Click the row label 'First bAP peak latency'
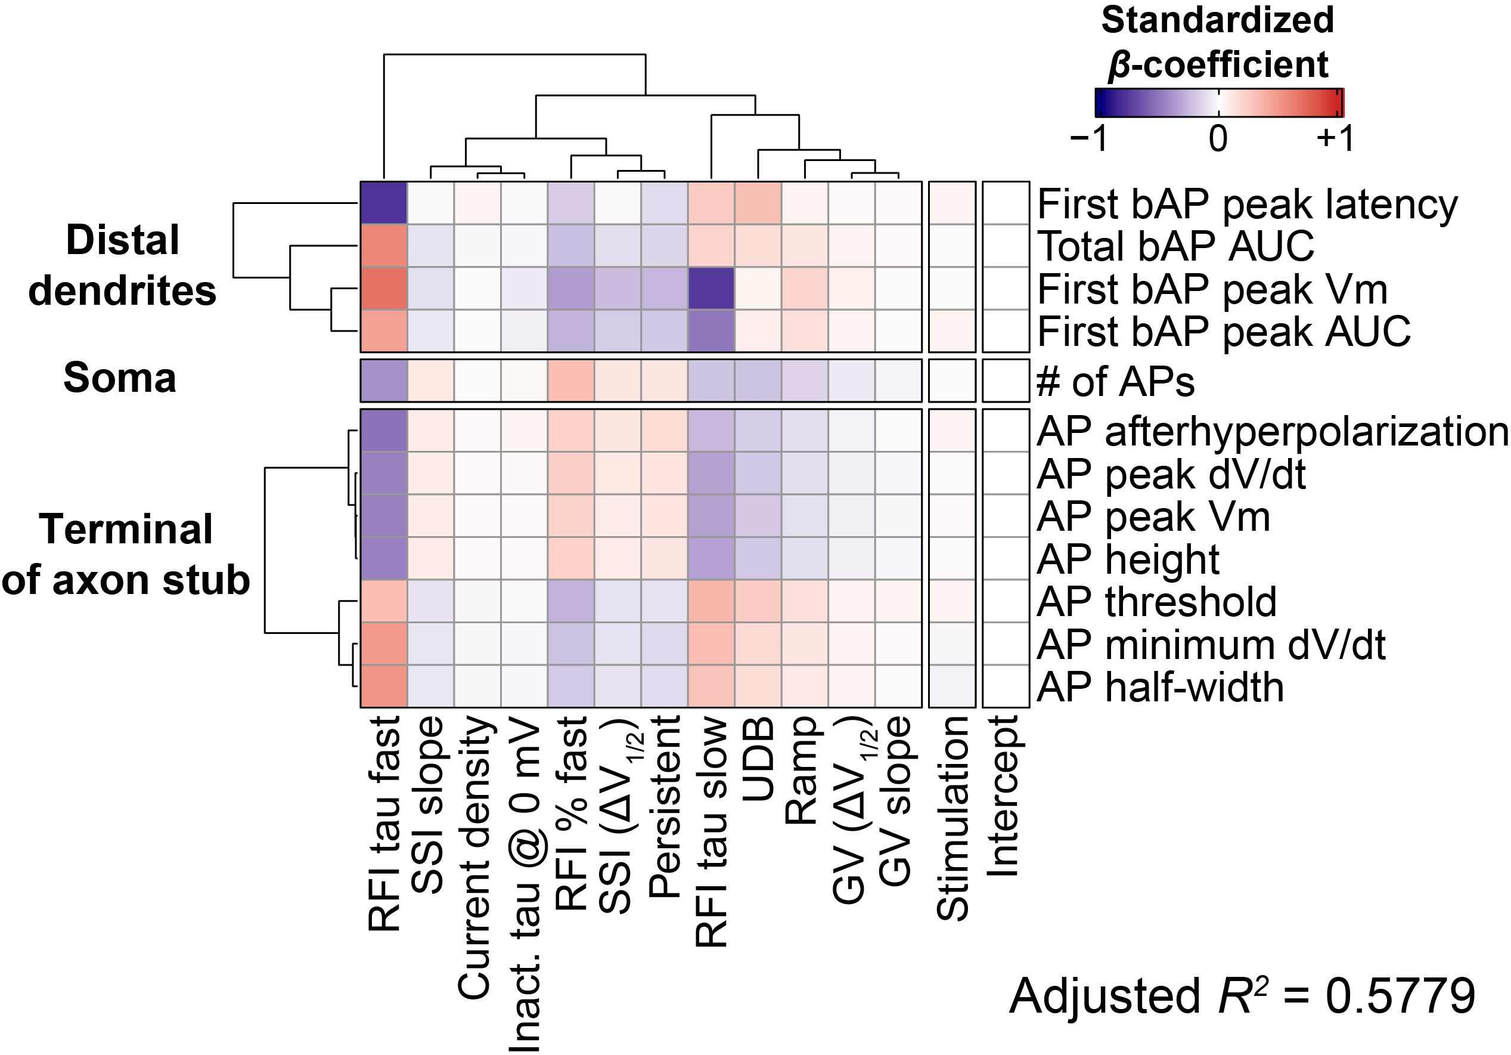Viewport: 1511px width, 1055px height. click(x=1247, y=204)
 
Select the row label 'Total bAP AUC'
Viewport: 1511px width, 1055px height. click(x=1175, y=246)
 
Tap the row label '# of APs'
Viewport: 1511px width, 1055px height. click(x=1115, y=381)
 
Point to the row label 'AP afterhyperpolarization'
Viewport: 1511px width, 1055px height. click(x=1272, y=432)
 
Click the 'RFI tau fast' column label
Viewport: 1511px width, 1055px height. click(x=384, y=823)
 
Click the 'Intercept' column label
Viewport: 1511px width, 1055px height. click(x=1003, y=796)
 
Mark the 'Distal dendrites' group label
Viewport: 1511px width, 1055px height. click(x=122, y=265)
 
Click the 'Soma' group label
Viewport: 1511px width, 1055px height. click(x=120, y=378)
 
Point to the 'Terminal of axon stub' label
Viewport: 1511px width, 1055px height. click(x=126, y=555)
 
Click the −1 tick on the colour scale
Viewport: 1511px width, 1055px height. click(x=1090, y=138)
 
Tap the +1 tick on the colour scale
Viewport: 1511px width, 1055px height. click(x=1335, y=138)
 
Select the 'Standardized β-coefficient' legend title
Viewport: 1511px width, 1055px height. click(x=1218, y=42)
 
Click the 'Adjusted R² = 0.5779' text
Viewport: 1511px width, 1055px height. click(x=1242, y=996)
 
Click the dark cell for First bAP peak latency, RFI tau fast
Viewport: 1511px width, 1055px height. click(x=384, y=203)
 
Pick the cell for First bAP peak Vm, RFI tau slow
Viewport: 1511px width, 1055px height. click(x=712, y=289)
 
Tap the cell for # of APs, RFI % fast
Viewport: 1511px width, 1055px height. click(x=571, y=380)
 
